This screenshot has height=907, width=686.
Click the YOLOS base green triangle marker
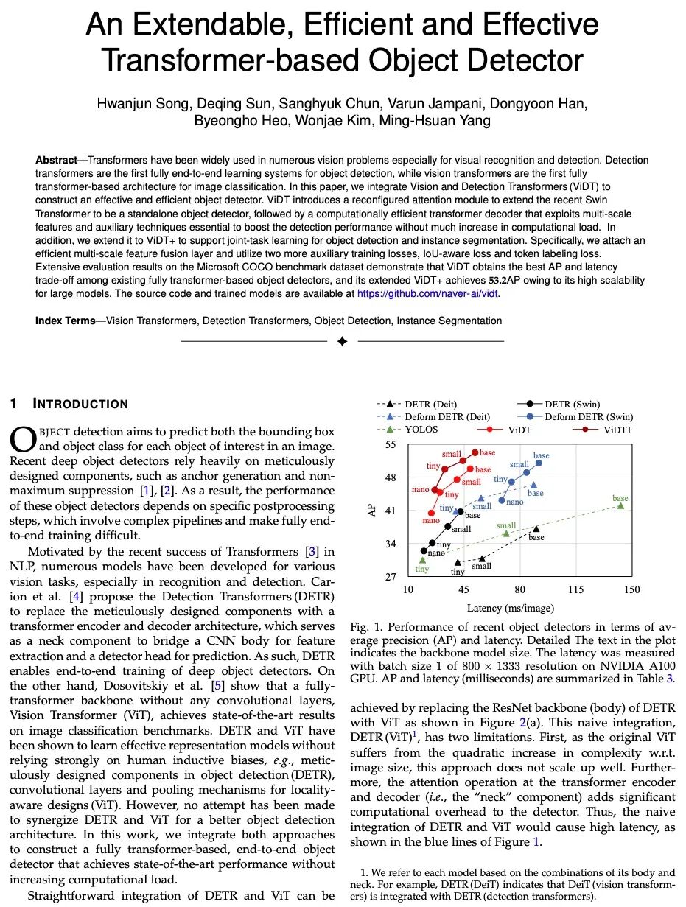(x=620, y=505)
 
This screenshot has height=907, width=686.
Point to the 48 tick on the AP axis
(x=391, y=477)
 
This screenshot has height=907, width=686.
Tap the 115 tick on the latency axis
(x=575, y=590)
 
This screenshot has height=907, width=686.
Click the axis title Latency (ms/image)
(x=510, y=608)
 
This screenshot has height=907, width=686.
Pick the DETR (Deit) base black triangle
(x=536, y=528)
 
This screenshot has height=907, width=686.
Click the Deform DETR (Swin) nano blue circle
(x=502, y=500)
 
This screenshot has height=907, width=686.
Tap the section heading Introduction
(x=81, y=404)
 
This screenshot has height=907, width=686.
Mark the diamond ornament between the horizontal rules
(x=342, y=342)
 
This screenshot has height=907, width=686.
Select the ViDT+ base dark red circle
(x=475, y=452)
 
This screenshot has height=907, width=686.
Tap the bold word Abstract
(x=56, y=160)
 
